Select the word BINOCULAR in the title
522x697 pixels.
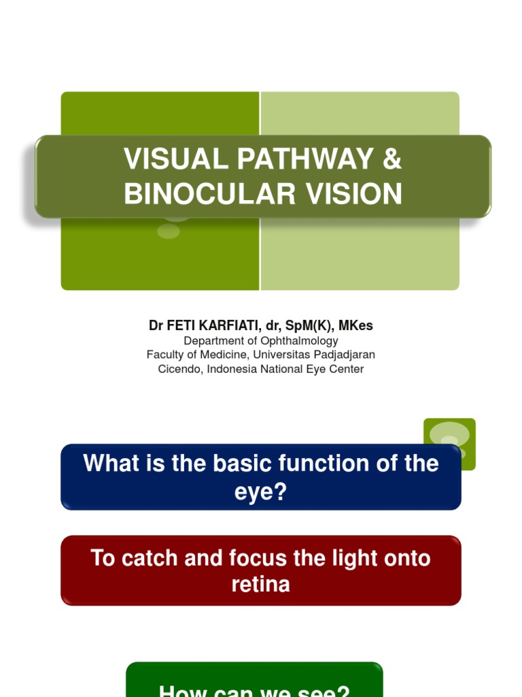(x=203, y=194)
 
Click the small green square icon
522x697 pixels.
(x=449, y=444)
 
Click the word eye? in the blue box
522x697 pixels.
(x=261, y=491)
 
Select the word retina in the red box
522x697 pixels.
(x=261, y=584)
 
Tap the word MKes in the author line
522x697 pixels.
(x=355, y=325)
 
